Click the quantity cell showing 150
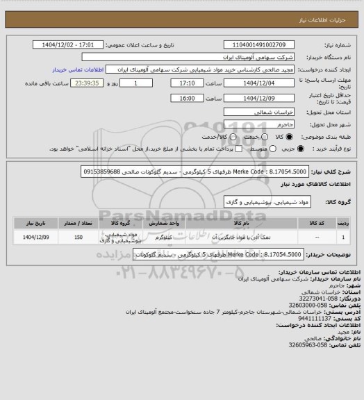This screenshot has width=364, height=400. pos(78,237)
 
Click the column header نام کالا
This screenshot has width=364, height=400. pos(237,224)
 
